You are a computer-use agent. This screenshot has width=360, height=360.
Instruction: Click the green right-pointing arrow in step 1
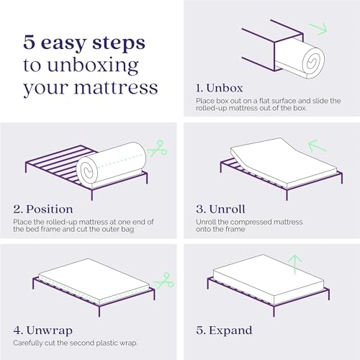pos(317,30)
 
